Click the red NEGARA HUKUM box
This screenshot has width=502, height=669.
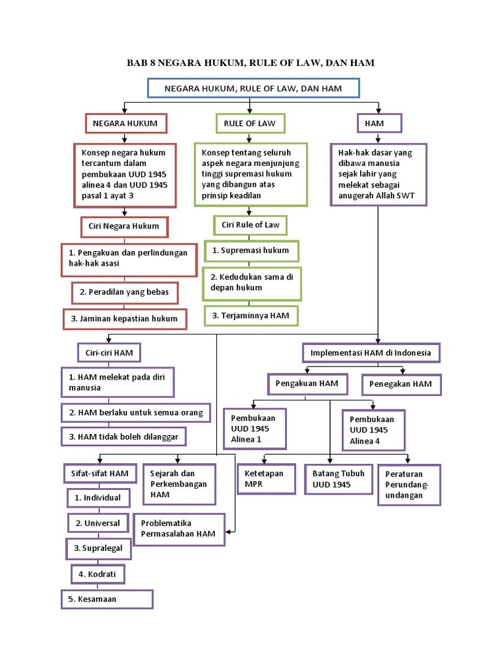(x=125, y=123)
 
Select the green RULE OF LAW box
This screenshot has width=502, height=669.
(x=250, y=123)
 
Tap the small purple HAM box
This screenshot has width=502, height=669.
(x=379, y=123)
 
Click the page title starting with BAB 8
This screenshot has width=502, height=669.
(x=250, y=63)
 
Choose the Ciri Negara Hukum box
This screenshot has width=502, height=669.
(x=124, y=227)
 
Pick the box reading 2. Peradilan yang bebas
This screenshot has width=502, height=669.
(x=124, y=292)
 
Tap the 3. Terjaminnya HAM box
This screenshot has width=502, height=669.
(x=251, y=316)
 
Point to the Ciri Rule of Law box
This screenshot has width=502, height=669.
(x=250, y=225)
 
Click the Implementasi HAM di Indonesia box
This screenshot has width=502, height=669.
(x=371, y=353)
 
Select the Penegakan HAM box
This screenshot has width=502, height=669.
(x=401, y=384)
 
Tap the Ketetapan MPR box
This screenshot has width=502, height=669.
(x=264, y=479)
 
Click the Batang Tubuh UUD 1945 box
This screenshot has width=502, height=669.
(x=339, y=479)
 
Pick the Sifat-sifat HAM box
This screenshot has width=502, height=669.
(x=100, y=473)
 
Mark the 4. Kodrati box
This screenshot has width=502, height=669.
(x=98, y=574)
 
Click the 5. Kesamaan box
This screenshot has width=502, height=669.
(x=107, y=599)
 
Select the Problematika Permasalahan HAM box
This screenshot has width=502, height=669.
(x=178, y=529)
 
